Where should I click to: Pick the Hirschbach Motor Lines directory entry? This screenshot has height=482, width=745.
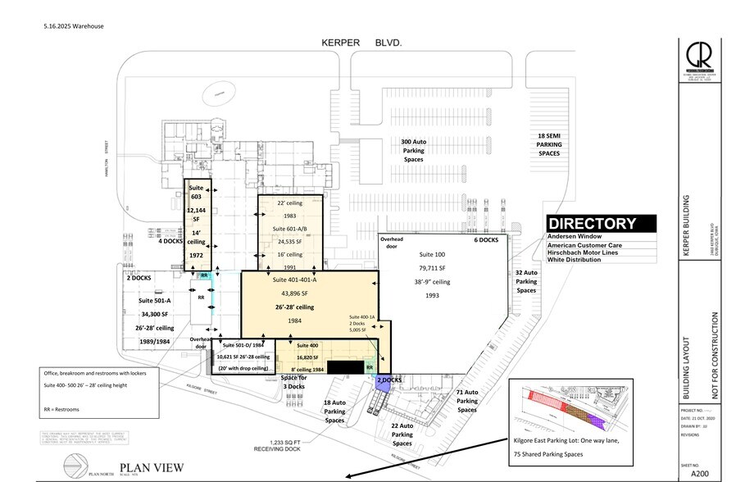click(x=587, y=253)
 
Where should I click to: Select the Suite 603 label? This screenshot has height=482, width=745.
click(x=197, y=191)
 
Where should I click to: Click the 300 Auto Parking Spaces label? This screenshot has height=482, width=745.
click(x=414, y=150)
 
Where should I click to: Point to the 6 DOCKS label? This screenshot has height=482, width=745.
click(x=485, y=240)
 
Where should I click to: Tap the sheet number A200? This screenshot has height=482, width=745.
click(x=698, y=472)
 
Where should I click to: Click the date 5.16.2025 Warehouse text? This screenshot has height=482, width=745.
click(x=74, y=25)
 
